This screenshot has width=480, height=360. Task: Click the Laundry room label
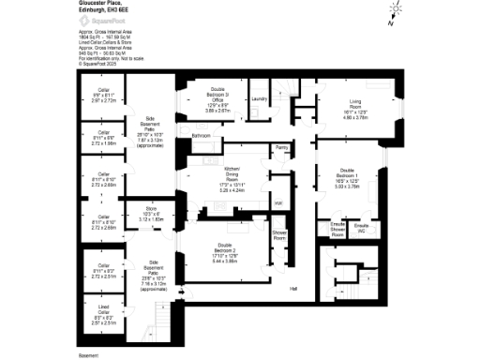click(260, 98)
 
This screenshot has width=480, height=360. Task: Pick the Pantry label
click(281, 147)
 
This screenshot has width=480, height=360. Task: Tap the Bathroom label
click(202, 137)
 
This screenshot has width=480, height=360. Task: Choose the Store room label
click(151, 214)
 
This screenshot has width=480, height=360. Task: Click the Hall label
click(293, 289)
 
